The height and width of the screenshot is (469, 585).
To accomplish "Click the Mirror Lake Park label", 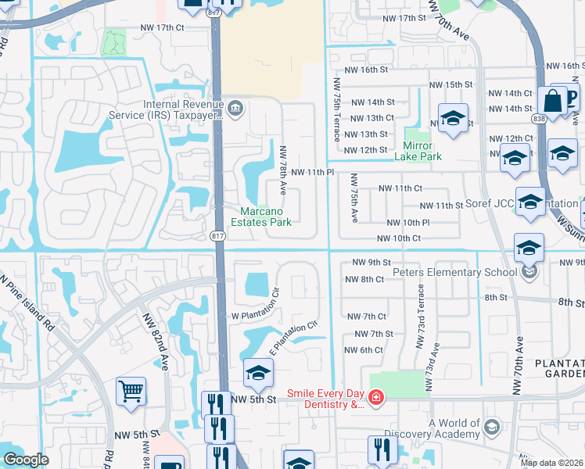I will [x=422, y=151].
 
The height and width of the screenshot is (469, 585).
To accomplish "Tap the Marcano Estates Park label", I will [x=265, y=217].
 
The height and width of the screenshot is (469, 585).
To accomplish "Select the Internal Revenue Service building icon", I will [x=235, y=106].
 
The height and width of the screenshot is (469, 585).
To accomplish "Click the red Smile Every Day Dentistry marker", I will [x=376, y=399].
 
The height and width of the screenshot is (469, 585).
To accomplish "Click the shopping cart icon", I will [x=131, y=390].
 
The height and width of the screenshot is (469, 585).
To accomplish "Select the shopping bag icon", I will [x=552, y=101].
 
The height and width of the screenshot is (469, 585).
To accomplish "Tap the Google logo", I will [x=26, y=460].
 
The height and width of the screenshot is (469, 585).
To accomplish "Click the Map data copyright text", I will [x=552, y=463].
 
